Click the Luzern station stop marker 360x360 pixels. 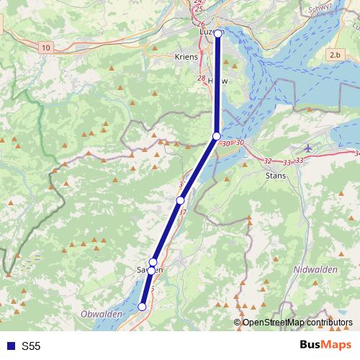point(218,33)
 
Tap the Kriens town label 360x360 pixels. point(186,57)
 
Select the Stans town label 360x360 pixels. point(276,175)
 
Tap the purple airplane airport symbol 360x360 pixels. point(309,148)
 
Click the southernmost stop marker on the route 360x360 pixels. point(142,307)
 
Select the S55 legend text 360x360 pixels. point(31,346)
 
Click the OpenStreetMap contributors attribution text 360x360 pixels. point(297,322)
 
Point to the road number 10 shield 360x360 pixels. point(46,47)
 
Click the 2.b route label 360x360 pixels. point(335,55)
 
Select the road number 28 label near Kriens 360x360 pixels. point(201,78)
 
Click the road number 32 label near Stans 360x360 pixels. point(268,161)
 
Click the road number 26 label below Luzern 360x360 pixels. point(200,24)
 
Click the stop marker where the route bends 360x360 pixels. point(216,137)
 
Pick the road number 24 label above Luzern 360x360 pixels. point(199,2)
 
